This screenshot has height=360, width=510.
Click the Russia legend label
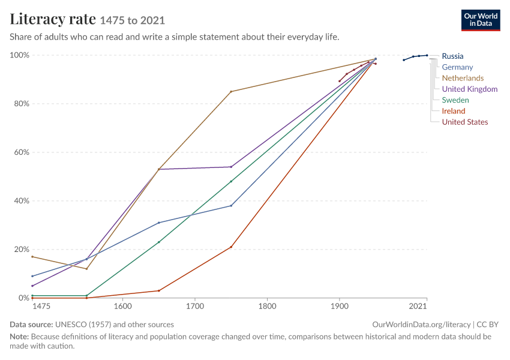(x=452, y=56)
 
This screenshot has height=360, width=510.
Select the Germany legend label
(x=457, y=67)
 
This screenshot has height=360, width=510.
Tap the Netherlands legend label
(x=463, y=78)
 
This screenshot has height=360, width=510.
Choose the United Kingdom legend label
(x=470, y=89)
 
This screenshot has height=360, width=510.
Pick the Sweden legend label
(x=455, y=100)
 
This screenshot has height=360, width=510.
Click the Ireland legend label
(x=454, y=111)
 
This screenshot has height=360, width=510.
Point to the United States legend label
(x=465, y=122)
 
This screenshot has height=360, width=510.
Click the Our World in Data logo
(x=481, y=20)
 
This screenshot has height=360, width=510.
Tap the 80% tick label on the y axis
(x=20, y=104)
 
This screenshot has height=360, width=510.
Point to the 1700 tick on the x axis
(x=195, y=306)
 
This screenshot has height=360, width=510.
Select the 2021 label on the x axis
(x=418, y=306)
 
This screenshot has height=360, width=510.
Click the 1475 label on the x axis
(x=41, y=306)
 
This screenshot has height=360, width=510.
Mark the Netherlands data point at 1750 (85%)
(x=231, y=92)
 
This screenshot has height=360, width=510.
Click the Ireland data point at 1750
(x=231, y=247)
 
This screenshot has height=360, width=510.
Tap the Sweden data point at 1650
(x=159, y=242)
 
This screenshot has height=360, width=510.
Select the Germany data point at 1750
(x=231, y=206)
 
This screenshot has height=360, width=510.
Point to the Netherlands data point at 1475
(x=32, y=257)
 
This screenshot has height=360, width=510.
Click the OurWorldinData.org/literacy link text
(x=421, y=325)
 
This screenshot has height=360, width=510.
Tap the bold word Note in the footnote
(x=19, y=337)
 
